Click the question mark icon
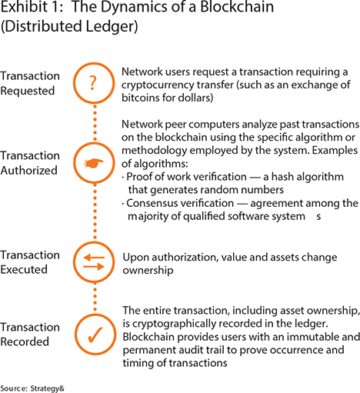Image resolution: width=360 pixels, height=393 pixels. coord(93,83)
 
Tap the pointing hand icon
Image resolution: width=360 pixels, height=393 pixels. coord(94,163)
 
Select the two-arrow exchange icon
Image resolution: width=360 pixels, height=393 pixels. coord(94,262)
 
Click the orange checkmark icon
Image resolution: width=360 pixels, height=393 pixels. coord(95,335)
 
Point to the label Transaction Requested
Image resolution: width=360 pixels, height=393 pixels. coord(30,83)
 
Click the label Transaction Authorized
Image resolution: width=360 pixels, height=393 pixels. coord(30,163)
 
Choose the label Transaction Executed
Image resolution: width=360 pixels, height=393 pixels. coord(30,262)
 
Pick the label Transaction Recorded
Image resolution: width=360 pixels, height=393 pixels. coord(30,335)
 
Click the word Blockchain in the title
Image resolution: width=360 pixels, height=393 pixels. coord(237,6)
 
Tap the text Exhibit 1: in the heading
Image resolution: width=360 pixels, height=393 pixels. coord(32,6)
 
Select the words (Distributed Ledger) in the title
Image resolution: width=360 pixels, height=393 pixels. coord(69,26)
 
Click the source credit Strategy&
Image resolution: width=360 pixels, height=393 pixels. coord(48,388)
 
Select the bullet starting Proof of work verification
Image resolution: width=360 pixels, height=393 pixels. coord(232,183)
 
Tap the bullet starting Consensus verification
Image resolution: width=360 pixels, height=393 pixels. coord(240,210)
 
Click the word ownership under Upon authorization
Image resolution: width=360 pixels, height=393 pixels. coord(148,271)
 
